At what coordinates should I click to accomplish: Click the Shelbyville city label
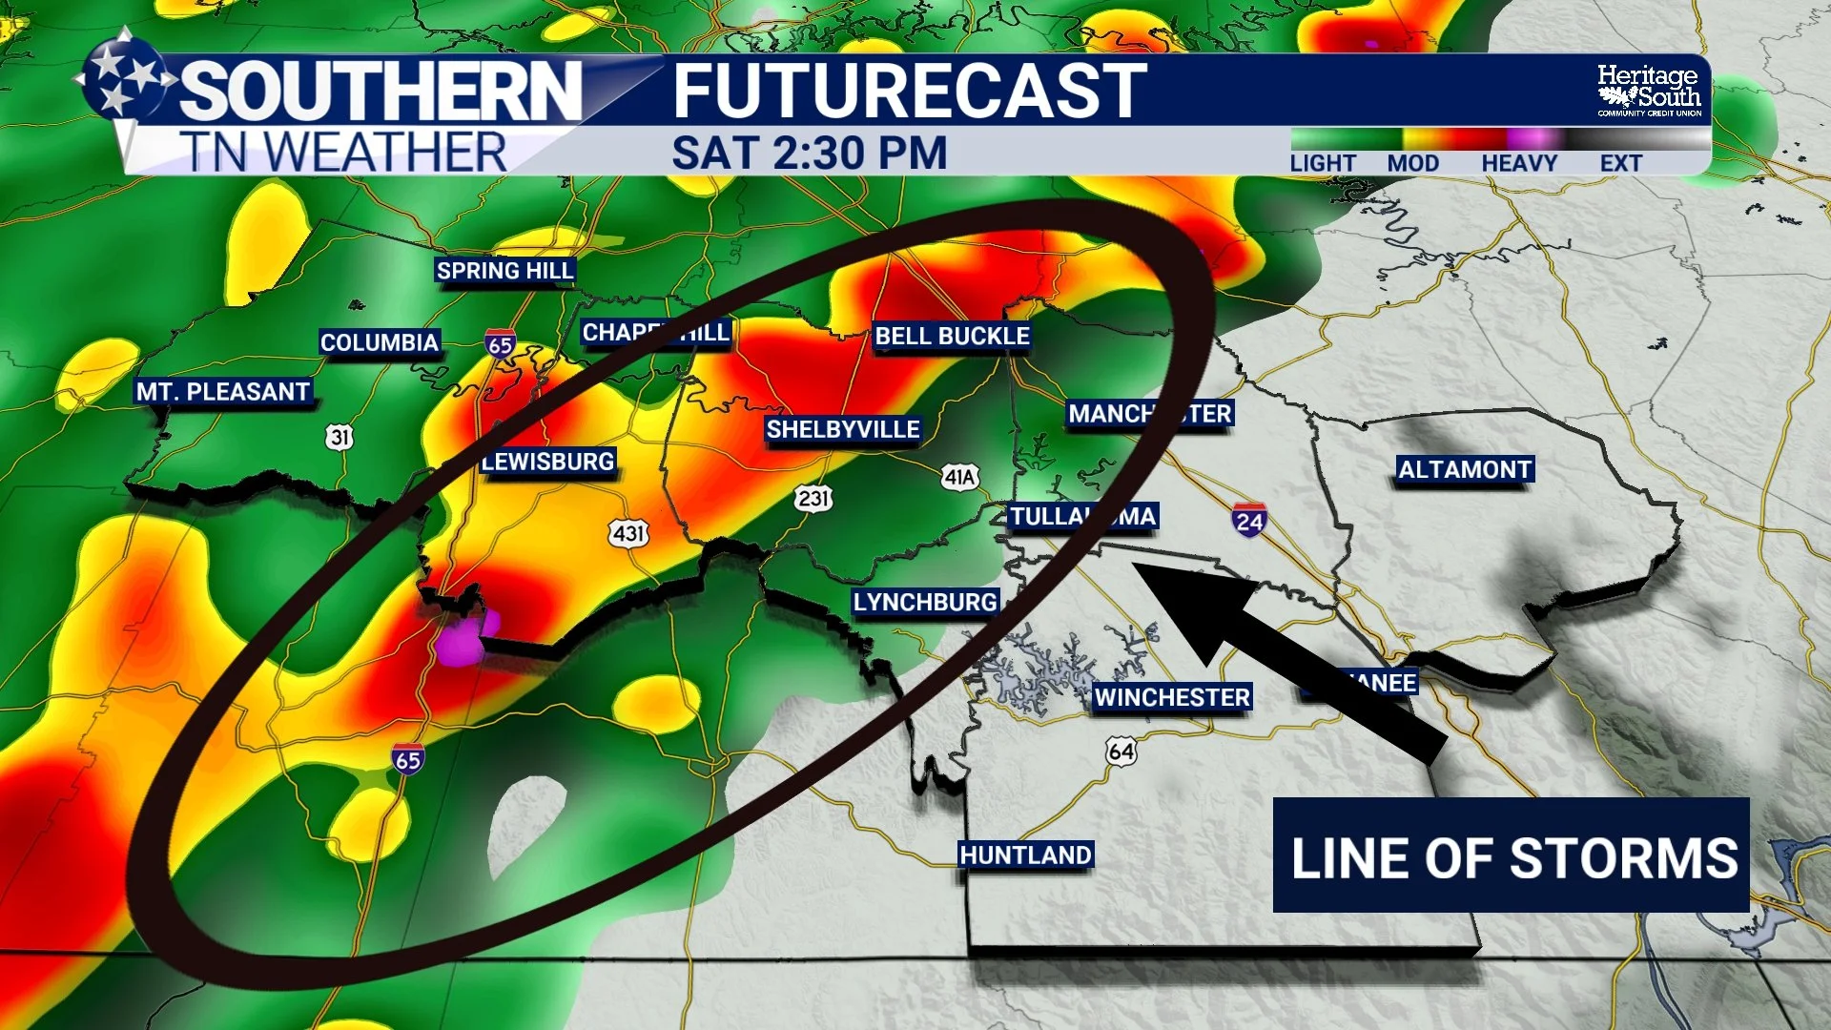point(843,429)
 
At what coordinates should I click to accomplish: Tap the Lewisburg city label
point(548,462)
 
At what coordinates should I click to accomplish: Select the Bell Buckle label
point(952,336)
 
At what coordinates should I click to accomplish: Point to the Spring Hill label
point(504,271)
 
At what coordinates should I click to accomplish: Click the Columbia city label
point(380,342)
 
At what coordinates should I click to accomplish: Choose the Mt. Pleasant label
point(223,392)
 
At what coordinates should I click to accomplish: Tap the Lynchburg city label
point(925,602)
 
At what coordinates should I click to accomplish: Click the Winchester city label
point(1172,697)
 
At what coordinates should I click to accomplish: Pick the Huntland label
point(1025,855)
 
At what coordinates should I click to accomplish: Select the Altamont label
point(1465,469)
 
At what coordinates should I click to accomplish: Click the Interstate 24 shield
point(1249,520)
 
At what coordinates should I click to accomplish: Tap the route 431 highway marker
point(629,533)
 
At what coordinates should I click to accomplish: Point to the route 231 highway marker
point(813,498)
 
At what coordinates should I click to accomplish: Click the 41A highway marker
point(959,477)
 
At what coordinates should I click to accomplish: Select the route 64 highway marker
point(1121,752)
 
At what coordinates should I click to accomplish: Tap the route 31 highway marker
point(339,437)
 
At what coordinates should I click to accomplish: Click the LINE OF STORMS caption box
point(1511,855)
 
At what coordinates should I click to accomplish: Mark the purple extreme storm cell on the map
point(462,641)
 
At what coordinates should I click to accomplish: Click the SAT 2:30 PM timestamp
point(809,154)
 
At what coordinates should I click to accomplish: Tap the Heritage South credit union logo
point(1649,91)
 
